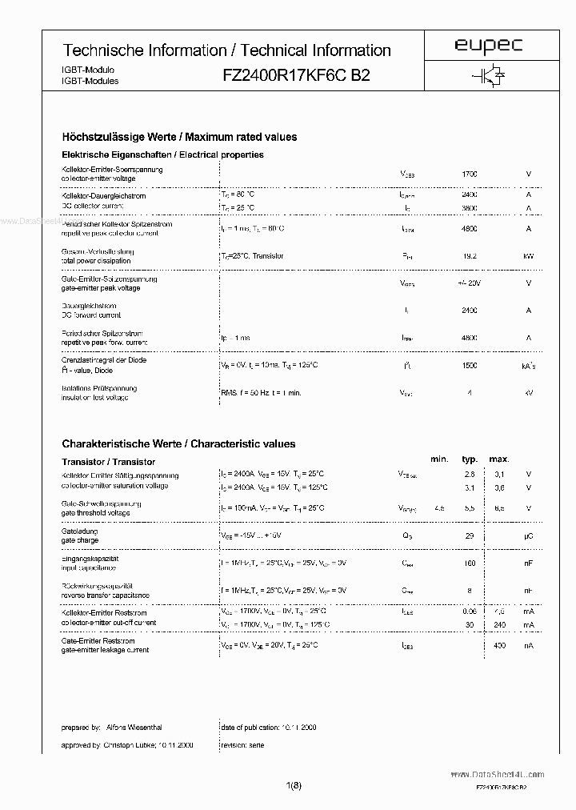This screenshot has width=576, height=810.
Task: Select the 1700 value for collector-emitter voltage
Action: pos(470,174)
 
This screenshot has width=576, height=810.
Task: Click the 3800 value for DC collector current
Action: pos(470,208)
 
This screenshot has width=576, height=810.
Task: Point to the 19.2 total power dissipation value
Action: pos(470,256)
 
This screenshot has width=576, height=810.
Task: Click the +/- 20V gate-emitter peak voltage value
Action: pos(470,283)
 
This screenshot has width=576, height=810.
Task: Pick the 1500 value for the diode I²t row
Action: pos(470,365)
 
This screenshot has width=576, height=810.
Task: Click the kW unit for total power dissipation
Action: pos(528,256)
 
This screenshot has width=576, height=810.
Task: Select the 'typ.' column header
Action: pos(470,459)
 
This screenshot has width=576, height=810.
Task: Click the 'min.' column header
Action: pos(439,459)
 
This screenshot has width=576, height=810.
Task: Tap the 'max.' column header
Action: pos(499,459)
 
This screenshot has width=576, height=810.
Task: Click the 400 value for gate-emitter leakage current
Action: pos(500,645)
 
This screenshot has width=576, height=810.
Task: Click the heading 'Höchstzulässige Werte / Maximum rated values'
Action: pos(179,137)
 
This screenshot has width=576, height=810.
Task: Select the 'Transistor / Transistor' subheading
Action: pos(108,462)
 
